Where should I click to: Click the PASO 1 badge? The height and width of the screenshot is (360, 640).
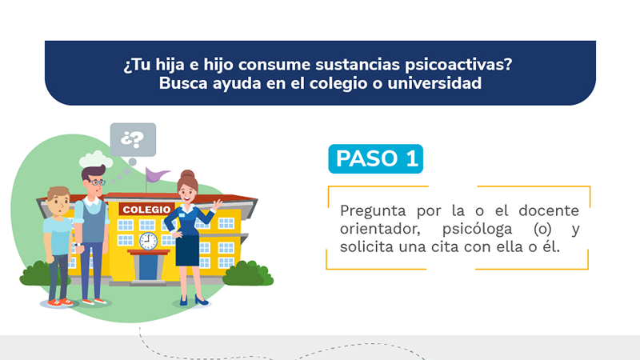click(x=375, y=158)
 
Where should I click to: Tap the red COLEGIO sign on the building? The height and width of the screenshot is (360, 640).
click(x=146, y=210)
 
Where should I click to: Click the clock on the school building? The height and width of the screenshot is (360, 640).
click(x=148, y=242)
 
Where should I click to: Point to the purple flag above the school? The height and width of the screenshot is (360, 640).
click(x=157, y=174)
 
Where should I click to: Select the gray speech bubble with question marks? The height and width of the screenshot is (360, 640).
click(x=133, y=139)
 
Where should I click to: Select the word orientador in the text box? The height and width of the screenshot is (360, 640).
click(x=380, y=229)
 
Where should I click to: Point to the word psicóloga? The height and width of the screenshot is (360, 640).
click(x=477, y=230)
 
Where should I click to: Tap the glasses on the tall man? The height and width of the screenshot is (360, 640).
click(x=98, y=182)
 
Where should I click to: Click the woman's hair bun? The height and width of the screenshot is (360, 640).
click(x=187, y=174)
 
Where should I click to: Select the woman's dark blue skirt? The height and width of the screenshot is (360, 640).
click(x=187, y=250)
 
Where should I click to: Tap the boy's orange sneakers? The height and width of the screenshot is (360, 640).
click(x=60, y=302)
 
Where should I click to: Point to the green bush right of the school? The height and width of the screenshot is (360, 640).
click(x=248, y=274)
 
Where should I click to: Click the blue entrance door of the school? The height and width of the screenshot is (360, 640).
click(x=148, y=267)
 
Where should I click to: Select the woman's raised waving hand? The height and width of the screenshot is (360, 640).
click(x=217, y=204)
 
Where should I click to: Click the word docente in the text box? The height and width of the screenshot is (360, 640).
click(x=549, y=210)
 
